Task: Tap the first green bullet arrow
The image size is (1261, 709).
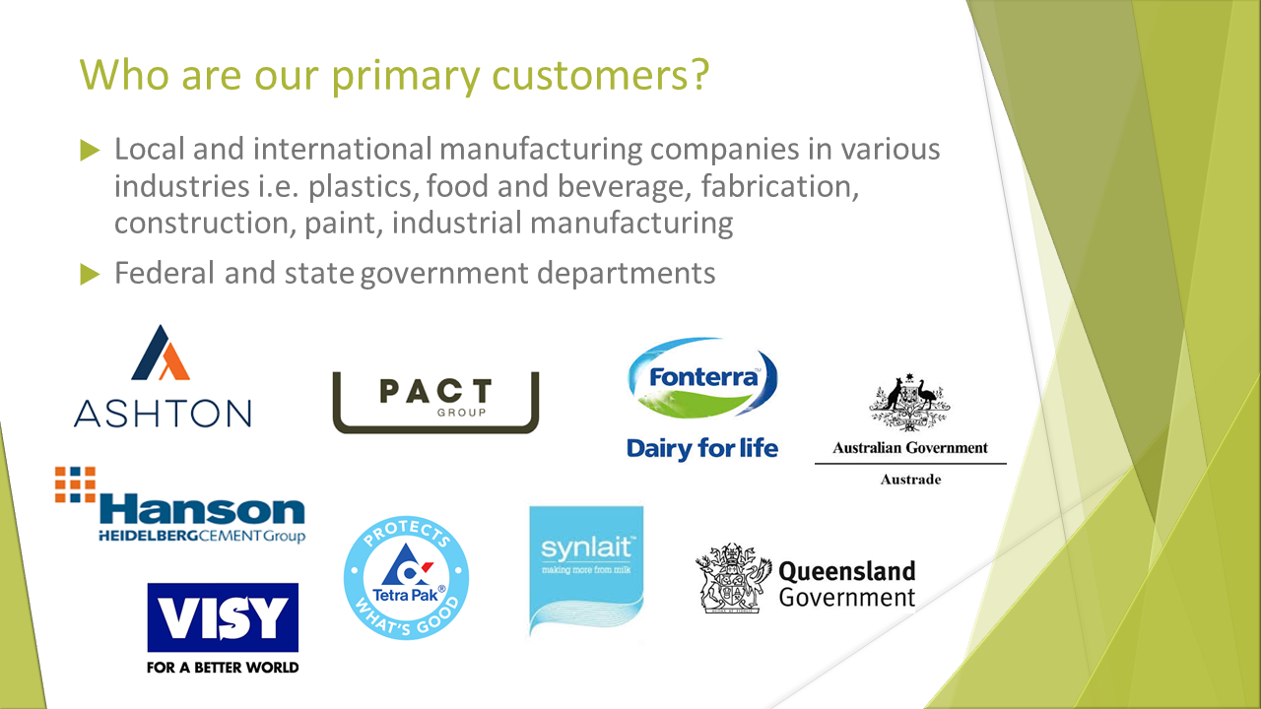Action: (90, 151)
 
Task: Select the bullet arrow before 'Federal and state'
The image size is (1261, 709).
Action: (90, 275)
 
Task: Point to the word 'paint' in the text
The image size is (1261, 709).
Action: (344, 223)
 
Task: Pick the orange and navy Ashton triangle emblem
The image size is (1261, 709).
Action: (161, 353)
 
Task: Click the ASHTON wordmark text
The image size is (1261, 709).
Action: (163, 414)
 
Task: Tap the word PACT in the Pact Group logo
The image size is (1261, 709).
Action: (436, 391)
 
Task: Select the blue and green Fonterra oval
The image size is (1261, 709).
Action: (702, 377)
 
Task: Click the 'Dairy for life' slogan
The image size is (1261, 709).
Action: (702, 449)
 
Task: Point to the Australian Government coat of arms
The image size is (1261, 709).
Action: (909, 402)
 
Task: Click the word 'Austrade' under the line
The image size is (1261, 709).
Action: (910, 480)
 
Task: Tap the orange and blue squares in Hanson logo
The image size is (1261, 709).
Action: (76, 484)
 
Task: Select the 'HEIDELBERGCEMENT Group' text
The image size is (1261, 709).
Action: (202, 536)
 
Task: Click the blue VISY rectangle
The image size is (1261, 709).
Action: (223, 617)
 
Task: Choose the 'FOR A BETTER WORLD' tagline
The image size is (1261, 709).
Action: (223, 668)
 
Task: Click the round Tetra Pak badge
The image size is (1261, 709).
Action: (406, 577)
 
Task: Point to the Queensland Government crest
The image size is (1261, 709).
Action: (732, 578)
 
